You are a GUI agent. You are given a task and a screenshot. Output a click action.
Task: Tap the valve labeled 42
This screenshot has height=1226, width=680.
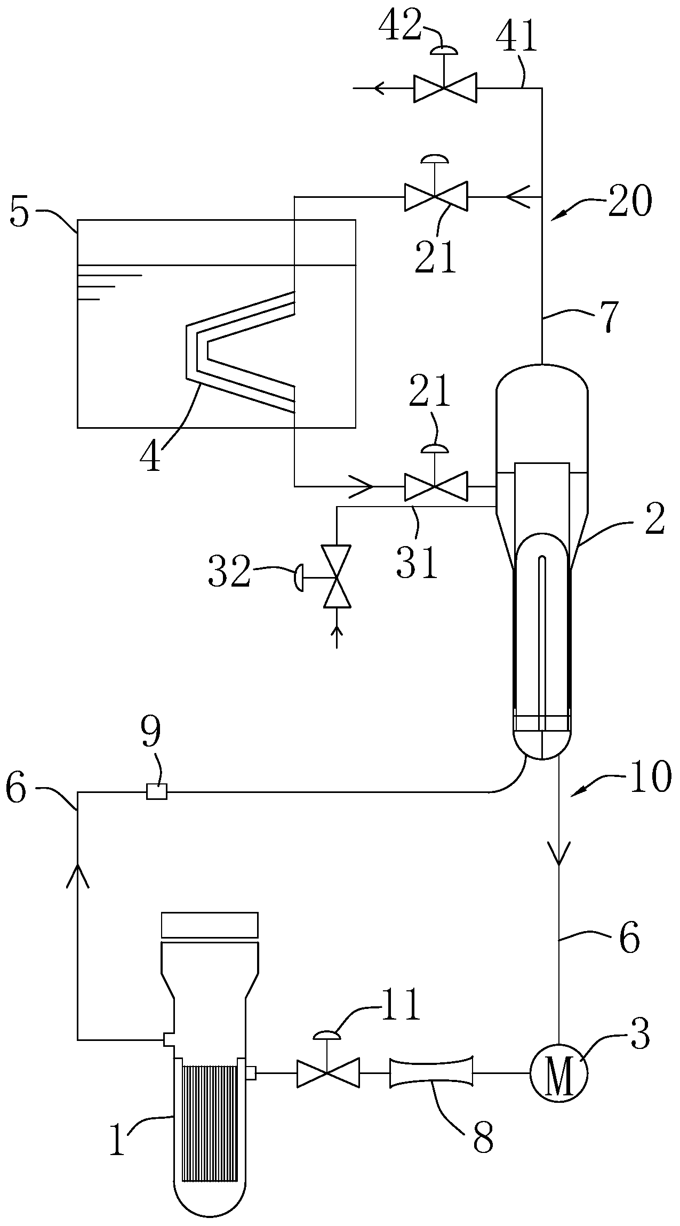445,88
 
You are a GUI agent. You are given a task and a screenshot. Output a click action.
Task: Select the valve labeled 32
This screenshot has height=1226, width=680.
337,576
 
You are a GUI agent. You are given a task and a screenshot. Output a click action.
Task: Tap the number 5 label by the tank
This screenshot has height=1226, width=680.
20,213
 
